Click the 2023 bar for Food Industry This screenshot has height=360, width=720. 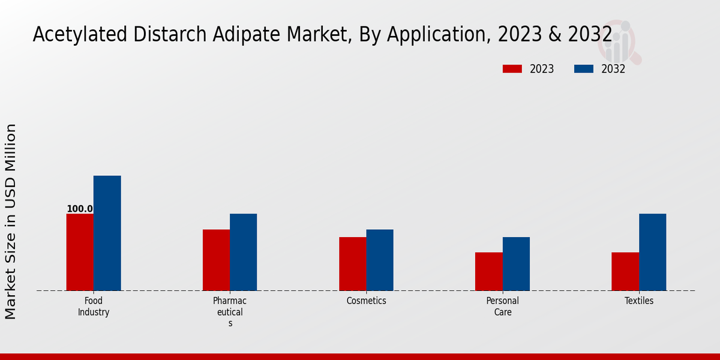(x=80, y=252)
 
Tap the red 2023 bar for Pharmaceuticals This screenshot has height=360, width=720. (x=216, y=260)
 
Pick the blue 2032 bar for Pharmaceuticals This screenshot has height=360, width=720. (x=243, y=252)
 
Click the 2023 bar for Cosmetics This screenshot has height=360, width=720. (x=352, y=263)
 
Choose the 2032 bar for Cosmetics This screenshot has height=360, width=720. (x=380, y=260)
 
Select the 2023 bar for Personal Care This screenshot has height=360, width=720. (x=488, y=271)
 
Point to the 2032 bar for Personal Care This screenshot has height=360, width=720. (x=516, y=263)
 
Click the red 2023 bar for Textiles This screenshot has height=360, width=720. (x=625, y=271)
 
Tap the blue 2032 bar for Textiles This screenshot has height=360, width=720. (x=652, y=252)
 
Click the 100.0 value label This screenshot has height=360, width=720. (x=80, y=209)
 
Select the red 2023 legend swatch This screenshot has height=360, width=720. (x=512, y=69)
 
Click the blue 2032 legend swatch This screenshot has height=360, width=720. (x=584, y=69)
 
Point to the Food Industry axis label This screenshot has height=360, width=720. (x=94, y=306)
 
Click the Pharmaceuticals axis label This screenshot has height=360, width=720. (x=230, y=311)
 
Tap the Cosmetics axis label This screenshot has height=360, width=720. (x=366, y=301)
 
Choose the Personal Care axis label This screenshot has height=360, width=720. (x=502, y=306)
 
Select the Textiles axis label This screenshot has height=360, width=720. (x=638, y=301)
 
